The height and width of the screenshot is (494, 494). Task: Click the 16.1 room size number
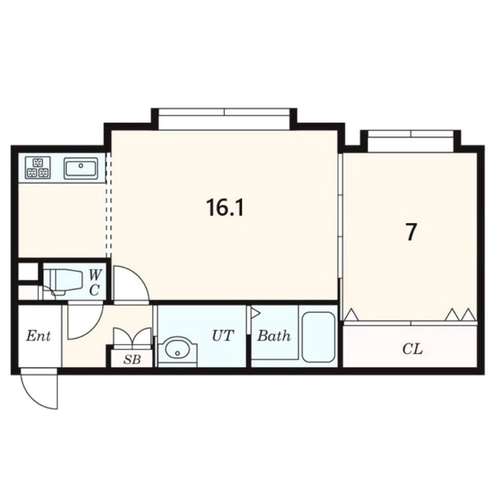pyautogui.click(x=225, y=207)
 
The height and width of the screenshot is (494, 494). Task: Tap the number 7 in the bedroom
pyautogui.click(x=411, y=232)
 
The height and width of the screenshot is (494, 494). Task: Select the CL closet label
pyautogui.click(x=412, y=349)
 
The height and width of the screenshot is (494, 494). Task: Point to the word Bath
pyautogui.click(x=274, y=336)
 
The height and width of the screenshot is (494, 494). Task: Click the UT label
pyautogui.click(x=223, y=336)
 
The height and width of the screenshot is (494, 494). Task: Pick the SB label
pyautogui.click(x=132, y=359)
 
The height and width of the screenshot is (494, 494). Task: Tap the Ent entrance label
pyautogui.click(x=38, y=336)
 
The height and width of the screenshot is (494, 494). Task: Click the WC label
pyautogui.click(x=94, y=283)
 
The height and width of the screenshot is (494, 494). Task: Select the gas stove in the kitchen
pyautogui.click(x=38, y=167)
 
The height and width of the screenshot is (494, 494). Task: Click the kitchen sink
pyautogui.click(x=81, y=168)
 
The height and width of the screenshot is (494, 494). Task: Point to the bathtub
pyautogui.click(x=318, y=337)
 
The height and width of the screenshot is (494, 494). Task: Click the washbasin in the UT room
pyautogui.click(x=177, y=351)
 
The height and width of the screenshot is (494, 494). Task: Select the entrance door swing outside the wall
pyautogui.click(x=40, y=390)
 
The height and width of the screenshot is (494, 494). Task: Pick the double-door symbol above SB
pyautogui.click(x=132, y=337)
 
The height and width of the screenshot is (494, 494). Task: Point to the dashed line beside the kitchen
pyautogui.click(x=109, y=206)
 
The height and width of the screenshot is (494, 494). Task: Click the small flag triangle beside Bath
pyautogui.click(x=255, y=314)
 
